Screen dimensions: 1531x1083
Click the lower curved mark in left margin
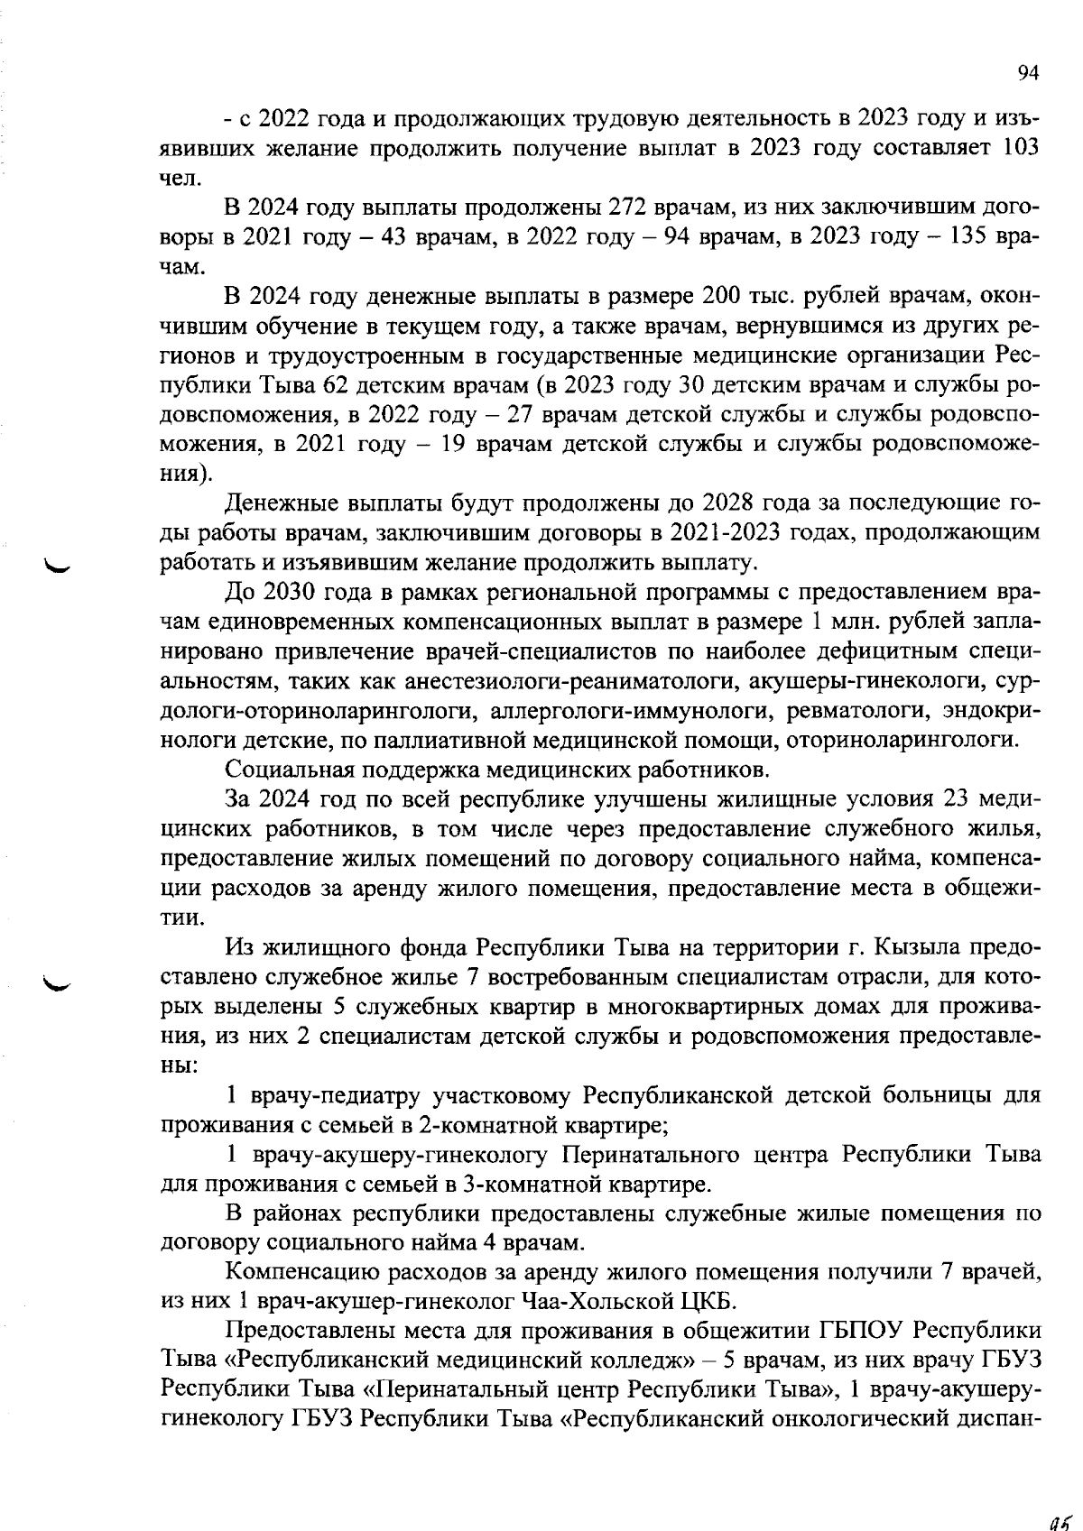point(62,984)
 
